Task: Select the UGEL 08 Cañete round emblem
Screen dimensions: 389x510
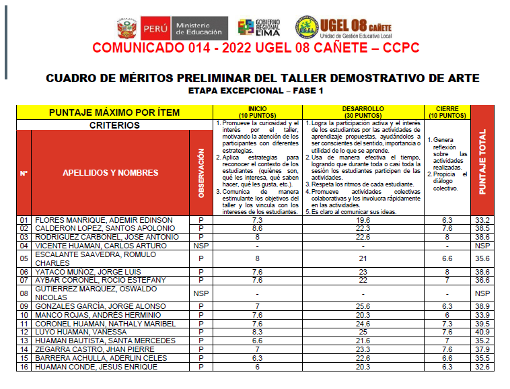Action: (305, 28)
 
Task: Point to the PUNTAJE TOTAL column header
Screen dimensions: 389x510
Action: (482, 162)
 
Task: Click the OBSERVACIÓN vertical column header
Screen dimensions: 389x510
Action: (201, 172)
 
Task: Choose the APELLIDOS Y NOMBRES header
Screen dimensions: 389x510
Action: (110, 172)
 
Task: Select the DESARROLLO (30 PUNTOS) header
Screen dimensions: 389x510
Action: (363, 112)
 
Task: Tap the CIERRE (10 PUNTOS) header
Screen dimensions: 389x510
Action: (447, 112)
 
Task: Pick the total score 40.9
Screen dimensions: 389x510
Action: (482, 332)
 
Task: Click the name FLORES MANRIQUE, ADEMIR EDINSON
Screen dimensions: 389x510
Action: (104, 220)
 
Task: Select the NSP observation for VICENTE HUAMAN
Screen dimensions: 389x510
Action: (201, 246)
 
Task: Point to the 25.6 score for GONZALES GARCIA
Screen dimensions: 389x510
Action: (363, 306)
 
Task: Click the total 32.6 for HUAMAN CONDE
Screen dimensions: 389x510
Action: (482, 367)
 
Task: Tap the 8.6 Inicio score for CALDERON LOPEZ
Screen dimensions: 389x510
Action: (256, 229)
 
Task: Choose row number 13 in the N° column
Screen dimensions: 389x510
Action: (24, 341)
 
